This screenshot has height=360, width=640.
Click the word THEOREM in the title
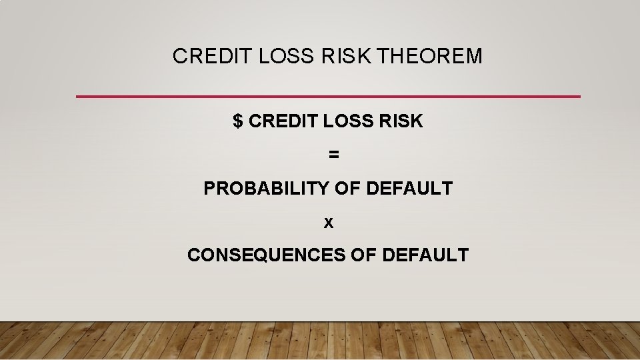[429, 57]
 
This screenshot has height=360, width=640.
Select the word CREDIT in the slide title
[203, 57]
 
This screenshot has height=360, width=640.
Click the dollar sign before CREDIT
[238, 121]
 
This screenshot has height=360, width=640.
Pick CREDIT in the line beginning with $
[284, 121]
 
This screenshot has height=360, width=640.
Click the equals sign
[333, 155]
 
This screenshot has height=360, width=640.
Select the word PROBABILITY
[266, 189]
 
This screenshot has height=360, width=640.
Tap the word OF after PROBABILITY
[347, 189]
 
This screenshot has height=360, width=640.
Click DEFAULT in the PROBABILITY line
[409, 189]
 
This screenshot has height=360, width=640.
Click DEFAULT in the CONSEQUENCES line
[425, 255]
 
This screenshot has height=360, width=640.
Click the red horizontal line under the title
[328, 97]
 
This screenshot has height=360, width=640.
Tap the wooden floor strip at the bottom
[320, 341]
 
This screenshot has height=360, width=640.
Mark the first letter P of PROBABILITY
[209, 189]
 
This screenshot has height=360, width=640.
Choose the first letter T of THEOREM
[382, 57]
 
